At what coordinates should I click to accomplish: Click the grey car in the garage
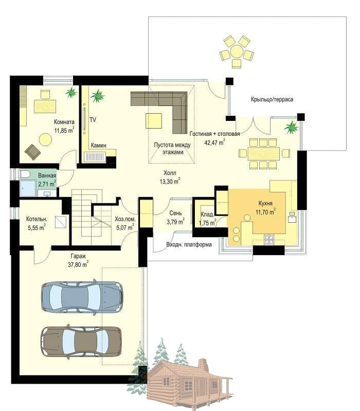coord(82,296)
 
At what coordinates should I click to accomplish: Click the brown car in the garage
coord(81,341)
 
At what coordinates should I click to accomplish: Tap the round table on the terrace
coord(237,51)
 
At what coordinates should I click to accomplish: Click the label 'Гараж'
coord(78,256)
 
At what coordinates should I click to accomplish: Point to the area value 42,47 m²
coord(214,142)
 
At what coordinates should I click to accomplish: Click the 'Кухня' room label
coord(265,203)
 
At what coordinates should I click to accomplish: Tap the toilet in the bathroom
coord(24,174)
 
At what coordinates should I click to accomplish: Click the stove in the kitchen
coord(269,240)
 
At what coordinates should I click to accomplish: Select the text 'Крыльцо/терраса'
coord(272,99)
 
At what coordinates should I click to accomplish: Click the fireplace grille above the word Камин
coord(94,156)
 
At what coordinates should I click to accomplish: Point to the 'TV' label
coord(93,120)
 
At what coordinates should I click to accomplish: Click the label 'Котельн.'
coord(37,219)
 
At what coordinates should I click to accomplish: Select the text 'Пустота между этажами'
coord(172,148)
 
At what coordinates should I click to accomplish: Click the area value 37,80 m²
coord(78,264)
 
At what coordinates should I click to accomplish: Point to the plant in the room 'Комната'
coord(71,92)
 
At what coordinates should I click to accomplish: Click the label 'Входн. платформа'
coord(189,244)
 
